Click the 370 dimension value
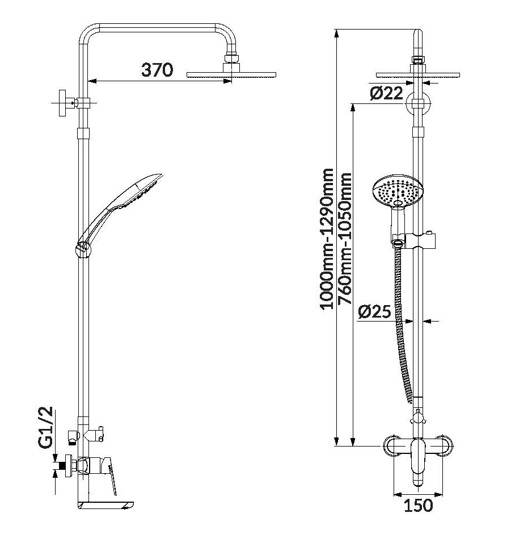157,70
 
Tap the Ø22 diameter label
387,94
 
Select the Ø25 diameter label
375,311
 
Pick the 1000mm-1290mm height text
327,238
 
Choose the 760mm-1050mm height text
344,238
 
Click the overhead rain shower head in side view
231,74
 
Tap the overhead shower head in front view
417,74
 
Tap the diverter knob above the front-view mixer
418,419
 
